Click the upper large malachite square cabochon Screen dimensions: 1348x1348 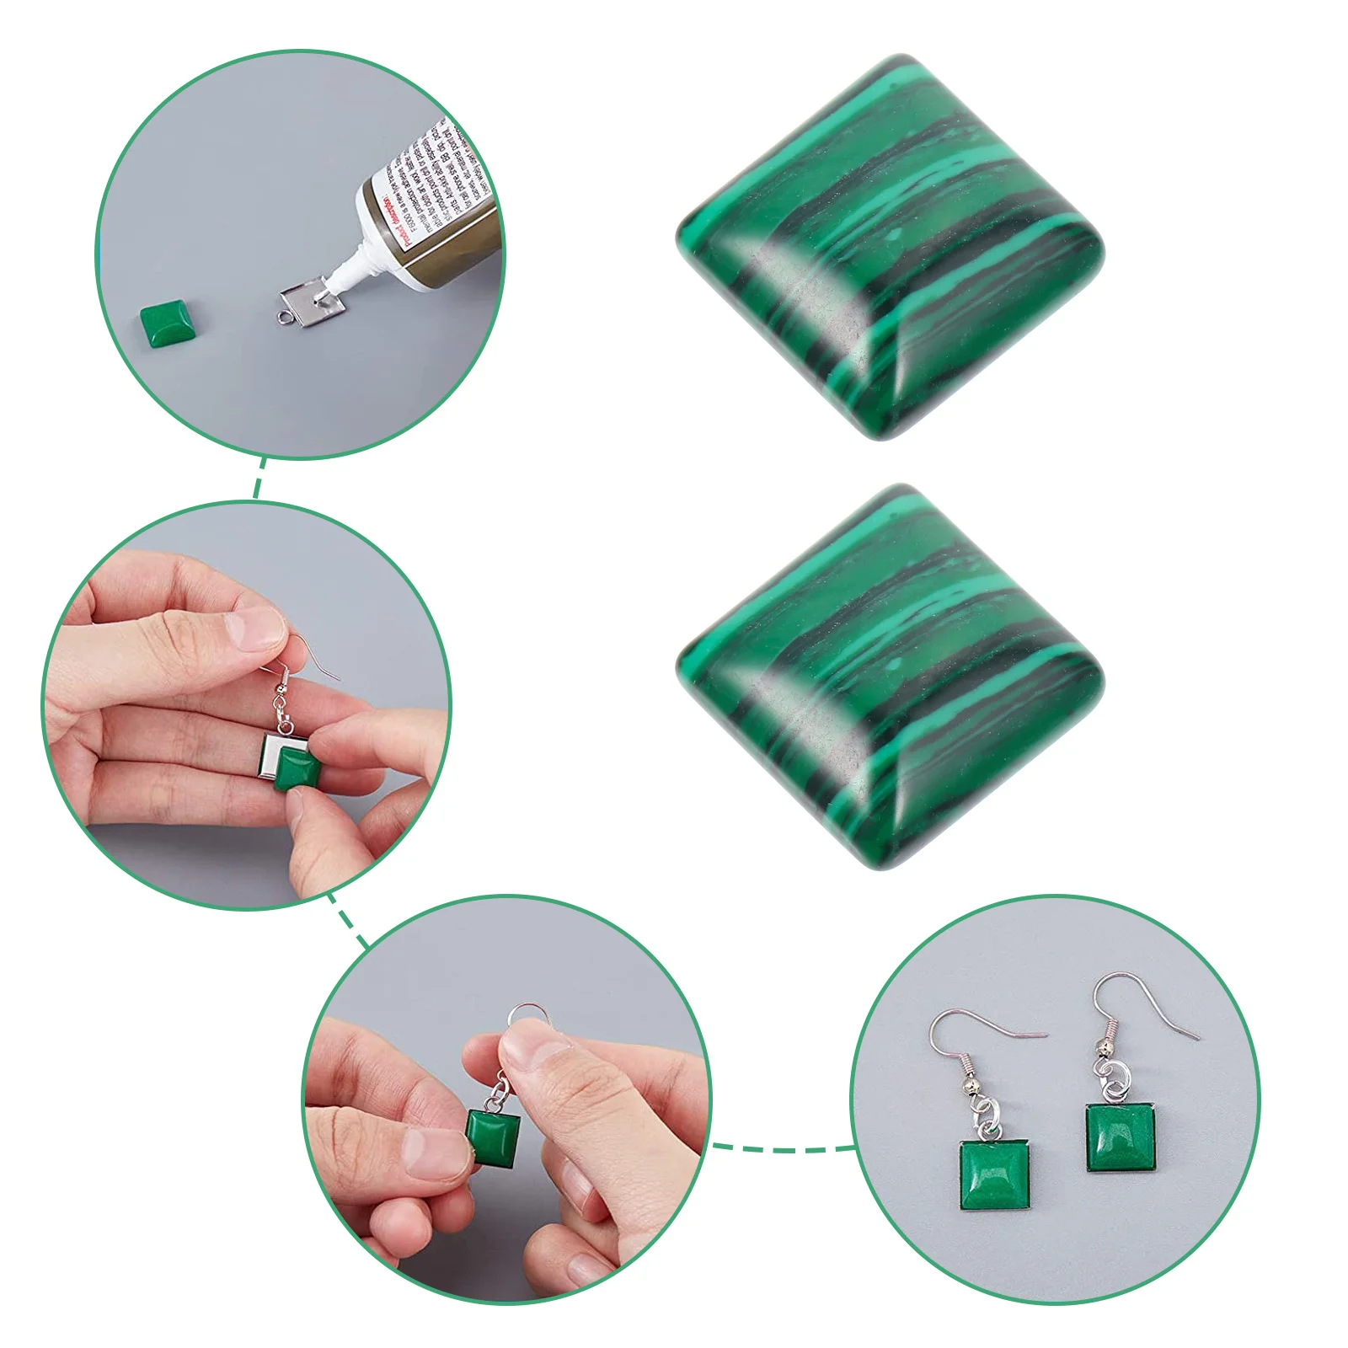[889, 244]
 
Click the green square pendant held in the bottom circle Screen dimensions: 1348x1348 [494, 1137]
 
